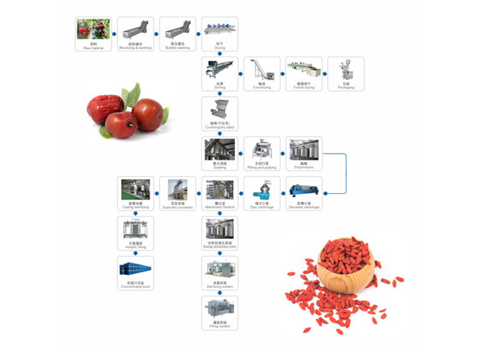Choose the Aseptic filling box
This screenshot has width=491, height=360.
pyautogui.click(x=135, y=232)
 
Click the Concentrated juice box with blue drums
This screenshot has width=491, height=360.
pyautogui.click(x=135, y=272)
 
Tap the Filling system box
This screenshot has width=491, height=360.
pyautogui.click(x=219, y=312)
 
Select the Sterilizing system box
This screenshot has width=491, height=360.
pyautogui.click(x=219, y=272)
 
